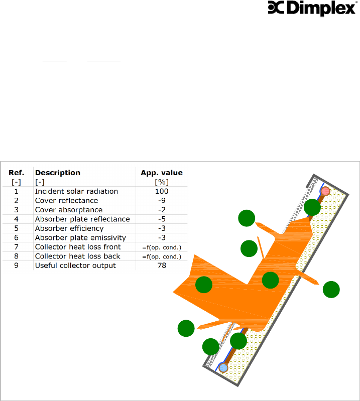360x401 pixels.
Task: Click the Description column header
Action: click(57, 173)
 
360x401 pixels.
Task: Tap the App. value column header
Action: click(162, 173)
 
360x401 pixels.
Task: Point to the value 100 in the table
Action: click(162, 191)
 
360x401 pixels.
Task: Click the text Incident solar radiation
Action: click(76, 191)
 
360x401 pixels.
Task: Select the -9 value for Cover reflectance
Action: click(162, 200)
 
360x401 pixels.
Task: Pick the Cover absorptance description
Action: click(68, 210)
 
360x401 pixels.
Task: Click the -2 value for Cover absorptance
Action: click(162, 210)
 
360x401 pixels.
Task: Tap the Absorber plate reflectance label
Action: click(82, 219)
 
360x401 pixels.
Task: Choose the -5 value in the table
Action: click(162, 219)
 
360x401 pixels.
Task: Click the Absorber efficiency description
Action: click(69, 228)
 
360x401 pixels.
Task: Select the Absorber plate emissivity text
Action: click(80, 237)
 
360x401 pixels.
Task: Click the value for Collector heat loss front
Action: click(162, 247)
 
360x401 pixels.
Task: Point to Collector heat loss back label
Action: click(77, 256)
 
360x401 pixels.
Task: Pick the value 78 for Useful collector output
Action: click(162, 265)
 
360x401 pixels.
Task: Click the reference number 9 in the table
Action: click(17, 265)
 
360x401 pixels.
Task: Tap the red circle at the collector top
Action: click(325, 191)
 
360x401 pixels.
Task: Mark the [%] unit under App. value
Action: click(162, 182)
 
